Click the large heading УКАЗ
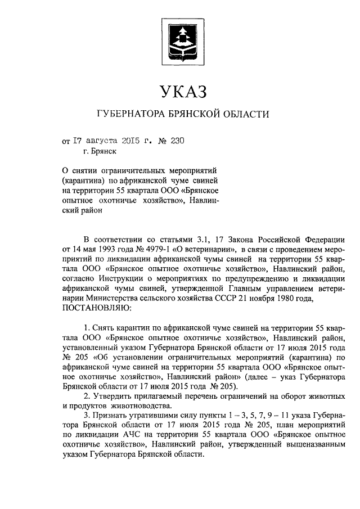(x=180, y=91)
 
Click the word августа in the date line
(x=107, y=141)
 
